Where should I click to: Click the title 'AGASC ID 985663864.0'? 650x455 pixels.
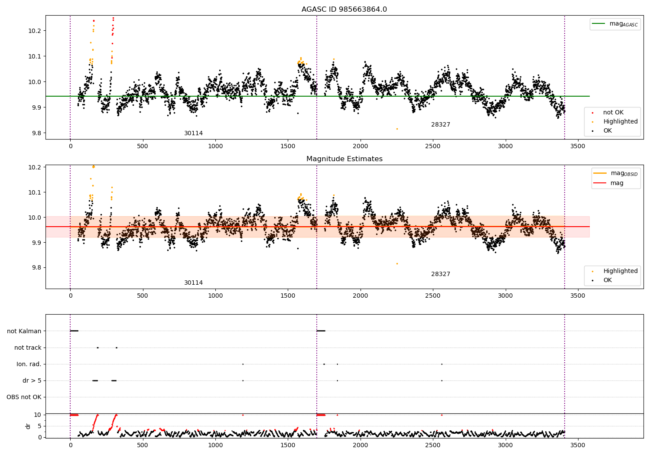point(344,10)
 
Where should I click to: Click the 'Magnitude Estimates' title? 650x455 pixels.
point(344,159)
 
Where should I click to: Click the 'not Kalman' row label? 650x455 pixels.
point(24,331)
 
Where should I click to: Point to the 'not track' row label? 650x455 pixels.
point(28,348)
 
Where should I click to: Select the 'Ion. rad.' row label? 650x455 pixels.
point(29,364)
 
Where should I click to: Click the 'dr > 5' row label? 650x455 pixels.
point(32,380)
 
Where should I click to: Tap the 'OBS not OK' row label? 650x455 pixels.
point(24,397)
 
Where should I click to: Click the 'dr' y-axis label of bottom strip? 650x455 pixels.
point(28,426)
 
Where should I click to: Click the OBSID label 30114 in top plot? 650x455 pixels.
point(193,133)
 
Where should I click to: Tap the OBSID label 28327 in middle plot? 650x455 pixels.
point(440,274)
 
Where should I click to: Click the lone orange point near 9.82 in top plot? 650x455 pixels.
point(396,129)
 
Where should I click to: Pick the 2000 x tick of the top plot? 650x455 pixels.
point(360,146)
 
